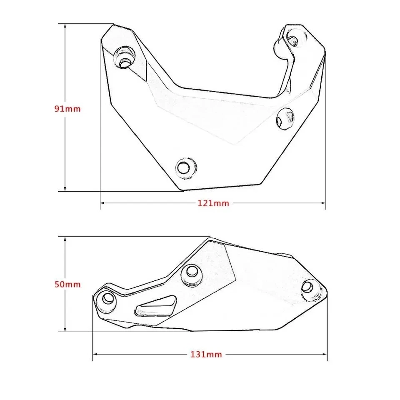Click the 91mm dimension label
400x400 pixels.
tap(67, 109)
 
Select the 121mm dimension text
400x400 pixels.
tap(213, 203)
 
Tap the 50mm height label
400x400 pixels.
tap(67, 285)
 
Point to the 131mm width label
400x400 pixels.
tap(206, 355)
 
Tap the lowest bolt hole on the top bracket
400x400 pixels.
tap(182, 168)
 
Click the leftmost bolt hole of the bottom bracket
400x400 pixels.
tap(107, 298)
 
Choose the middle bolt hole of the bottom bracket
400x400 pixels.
tap(192, 272)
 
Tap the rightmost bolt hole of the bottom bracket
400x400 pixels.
tap(308, 287)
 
